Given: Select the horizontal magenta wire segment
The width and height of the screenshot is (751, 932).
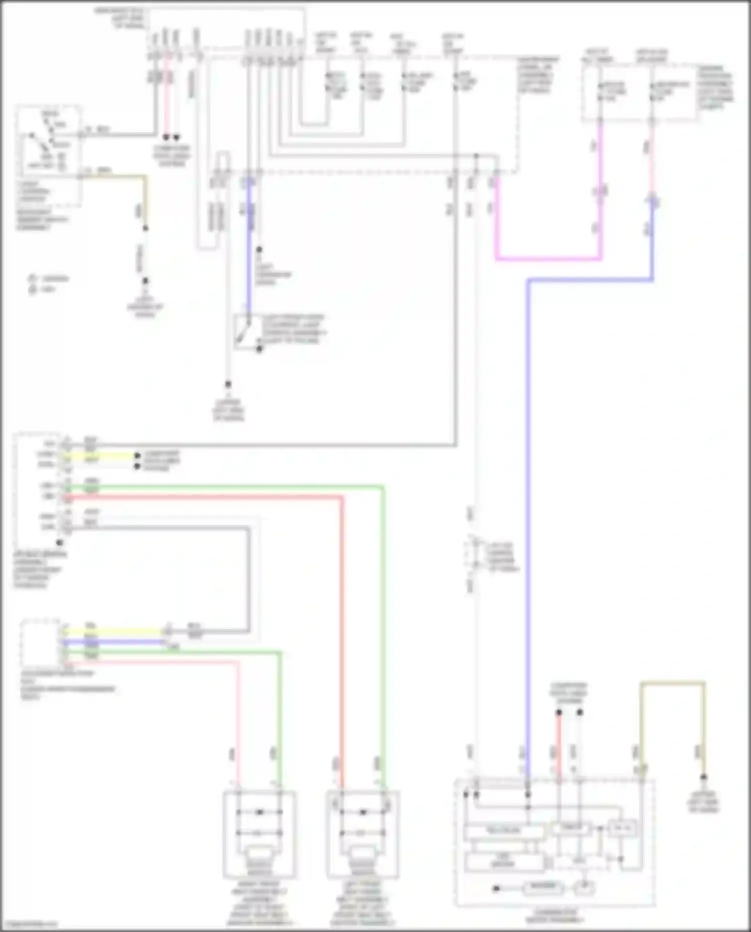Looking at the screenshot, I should pyautogui.click(x=548, y=259).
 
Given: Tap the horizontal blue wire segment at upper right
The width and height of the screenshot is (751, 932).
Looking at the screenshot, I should pyautogui.click(x=591, y=280).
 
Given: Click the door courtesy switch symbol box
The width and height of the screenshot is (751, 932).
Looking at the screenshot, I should pyautogui.click(x=246, y=332).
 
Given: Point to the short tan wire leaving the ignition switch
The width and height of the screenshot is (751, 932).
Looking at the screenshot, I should pyautogui.click(x=115, y=176).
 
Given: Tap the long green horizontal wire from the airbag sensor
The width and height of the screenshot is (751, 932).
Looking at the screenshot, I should pyautogui.click(x=225, y=486).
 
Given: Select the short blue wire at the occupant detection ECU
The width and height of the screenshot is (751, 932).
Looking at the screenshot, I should pyautogui.click(x=115, y=642).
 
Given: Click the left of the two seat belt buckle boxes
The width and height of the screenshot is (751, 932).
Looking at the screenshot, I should pyautogui.click(x=259, y=834).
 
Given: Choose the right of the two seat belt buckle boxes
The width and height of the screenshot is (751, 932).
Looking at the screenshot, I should pyautogui.click(x=363, y=834).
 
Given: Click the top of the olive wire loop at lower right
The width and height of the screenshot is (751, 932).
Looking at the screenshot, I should pyautogui.click(x=672, y=683).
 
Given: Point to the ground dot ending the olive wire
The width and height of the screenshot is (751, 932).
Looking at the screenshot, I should pyautogui.click(x=704, y=777).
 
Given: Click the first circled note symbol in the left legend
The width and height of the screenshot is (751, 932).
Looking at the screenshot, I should pyautogui.click(x=33, y=278).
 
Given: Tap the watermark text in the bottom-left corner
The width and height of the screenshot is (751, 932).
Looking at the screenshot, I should pyautogui.click(x=29, y=924).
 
